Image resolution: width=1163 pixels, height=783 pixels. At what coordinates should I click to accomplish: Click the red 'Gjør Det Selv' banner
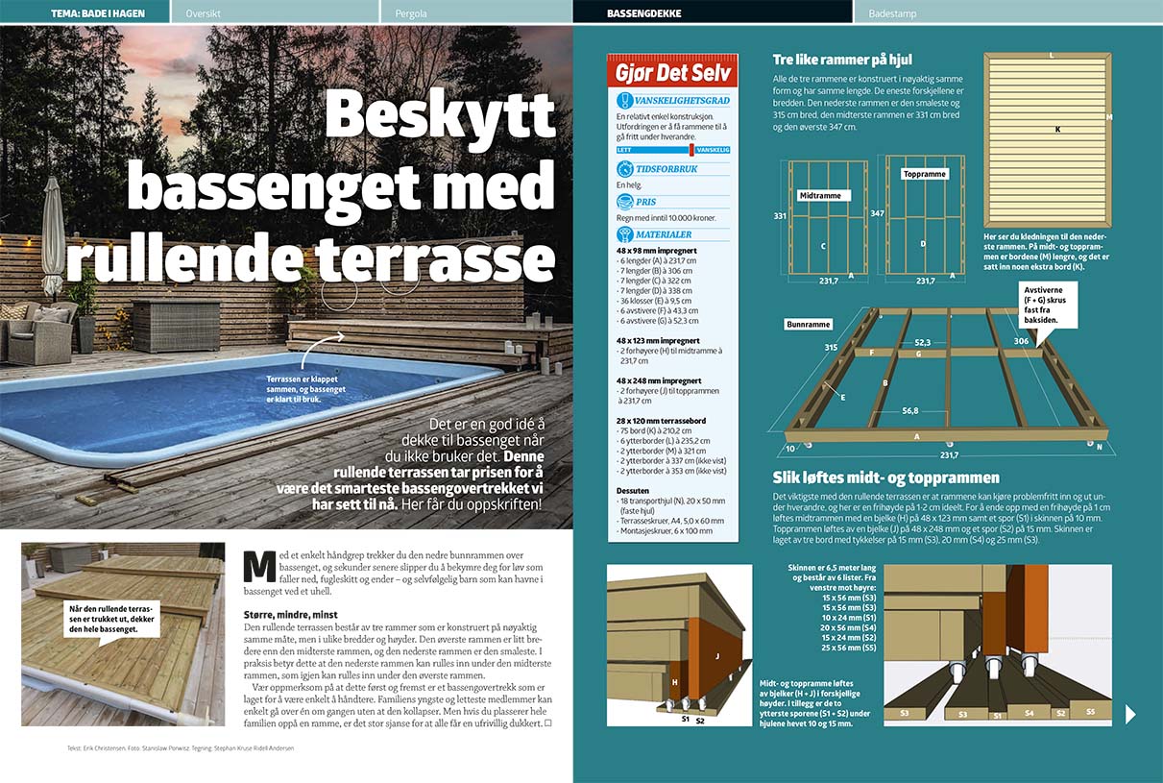[673, 73]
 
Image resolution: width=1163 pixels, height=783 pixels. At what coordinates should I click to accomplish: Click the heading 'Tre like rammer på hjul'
[841, 60]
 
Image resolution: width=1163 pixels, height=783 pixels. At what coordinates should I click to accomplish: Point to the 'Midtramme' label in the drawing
[819, 195]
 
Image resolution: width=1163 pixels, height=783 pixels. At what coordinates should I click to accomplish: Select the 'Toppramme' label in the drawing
[925, 174]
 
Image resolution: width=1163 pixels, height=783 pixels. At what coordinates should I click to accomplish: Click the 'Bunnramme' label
[808, 325]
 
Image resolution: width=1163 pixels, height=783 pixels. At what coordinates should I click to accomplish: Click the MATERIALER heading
[663, 233]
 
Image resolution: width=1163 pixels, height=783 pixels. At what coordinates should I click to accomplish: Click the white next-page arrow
[1130, 713]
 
